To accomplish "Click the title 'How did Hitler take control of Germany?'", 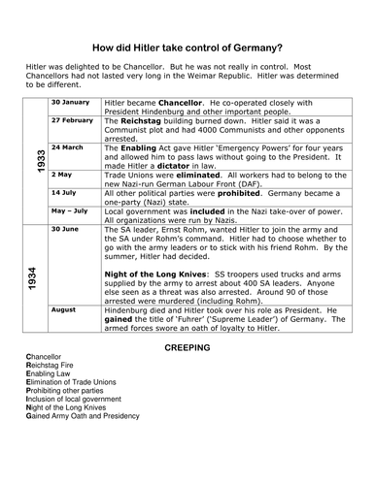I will [187, 48].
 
